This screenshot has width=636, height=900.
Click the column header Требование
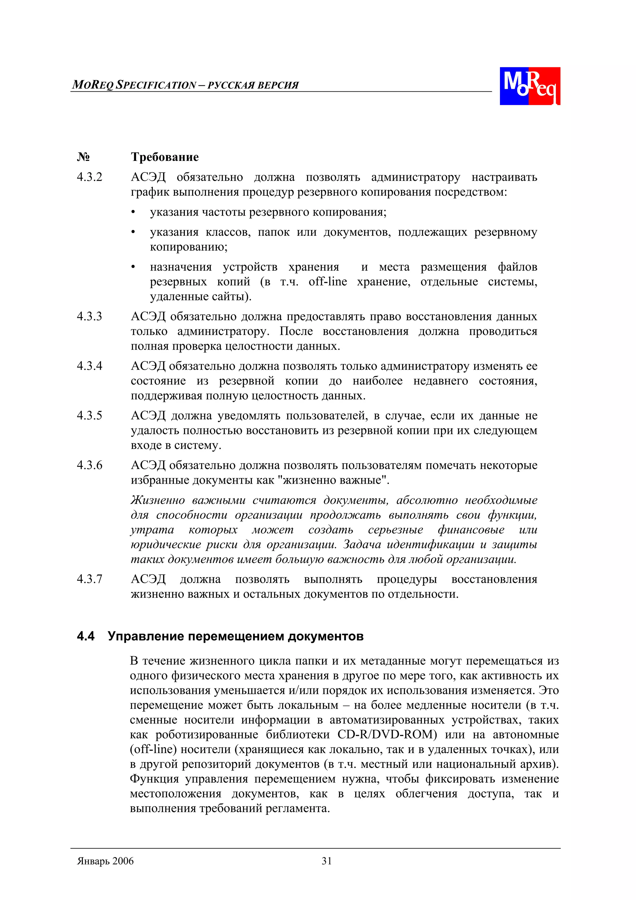tap(165, 157)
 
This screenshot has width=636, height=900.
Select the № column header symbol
tap(83, 157)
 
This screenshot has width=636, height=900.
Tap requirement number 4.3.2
tap(89, 177)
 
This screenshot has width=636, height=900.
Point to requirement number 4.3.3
tap(89, 316)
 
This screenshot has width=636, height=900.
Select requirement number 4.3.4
tap(89, 366)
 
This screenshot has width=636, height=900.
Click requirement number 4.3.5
tap(89, 415)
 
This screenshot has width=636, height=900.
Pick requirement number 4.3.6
tap(89, 465)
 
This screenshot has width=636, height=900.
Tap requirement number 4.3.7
tap(89, 579)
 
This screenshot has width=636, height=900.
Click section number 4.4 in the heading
tap(85, 636)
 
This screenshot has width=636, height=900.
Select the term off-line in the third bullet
tap(328, 281)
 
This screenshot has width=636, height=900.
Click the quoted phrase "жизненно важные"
tap(335, 480)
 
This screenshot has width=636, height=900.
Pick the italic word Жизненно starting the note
tap(157, 500)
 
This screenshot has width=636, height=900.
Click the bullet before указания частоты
tap(133, 212)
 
